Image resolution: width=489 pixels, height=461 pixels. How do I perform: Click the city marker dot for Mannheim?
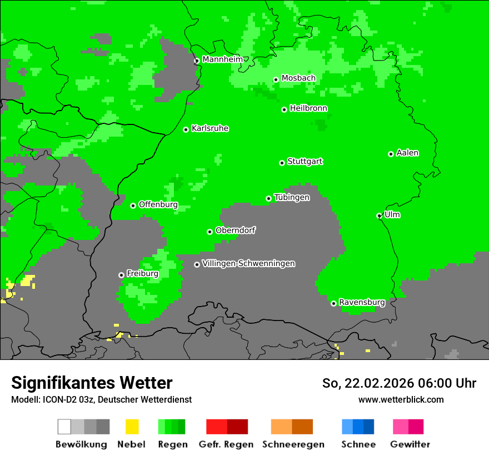(196, 61)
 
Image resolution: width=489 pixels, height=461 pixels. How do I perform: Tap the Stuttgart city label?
(305, 162)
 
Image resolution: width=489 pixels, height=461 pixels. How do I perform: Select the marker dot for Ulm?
(380, 216)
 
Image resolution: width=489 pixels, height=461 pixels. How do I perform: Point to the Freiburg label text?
(142, 274)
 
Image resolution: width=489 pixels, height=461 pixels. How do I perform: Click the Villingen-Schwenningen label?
(248, 264)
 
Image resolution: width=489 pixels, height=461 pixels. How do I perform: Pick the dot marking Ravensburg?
(333, 303)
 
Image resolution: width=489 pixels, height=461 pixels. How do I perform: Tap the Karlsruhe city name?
(209, 129)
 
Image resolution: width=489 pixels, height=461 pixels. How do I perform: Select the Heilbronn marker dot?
(284, 109)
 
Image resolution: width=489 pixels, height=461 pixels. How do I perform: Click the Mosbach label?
(298, 78)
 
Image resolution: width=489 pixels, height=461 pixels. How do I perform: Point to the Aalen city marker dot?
(391, 154)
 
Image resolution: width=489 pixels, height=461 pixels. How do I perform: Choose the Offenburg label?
(158, 205)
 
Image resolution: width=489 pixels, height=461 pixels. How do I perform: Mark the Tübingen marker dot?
(269, 198)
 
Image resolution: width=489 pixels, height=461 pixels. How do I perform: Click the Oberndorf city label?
(235, 231)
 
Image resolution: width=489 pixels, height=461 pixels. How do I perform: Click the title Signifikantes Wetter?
(92, 383)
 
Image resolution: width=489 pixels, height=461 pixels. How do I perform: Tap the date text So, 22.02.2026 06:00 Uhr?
(399, 383)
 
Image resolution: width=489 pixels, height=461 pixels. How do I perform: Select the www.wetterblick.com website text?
(401, 399)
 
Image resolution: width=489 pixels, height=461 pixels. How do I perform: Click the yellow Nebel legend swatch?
(132, 427)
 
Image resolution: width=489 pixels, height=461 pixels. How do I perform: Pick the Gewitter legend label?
(410, 444)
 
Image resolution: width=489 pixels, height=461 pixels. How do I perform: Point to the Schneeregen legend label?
(293, 444)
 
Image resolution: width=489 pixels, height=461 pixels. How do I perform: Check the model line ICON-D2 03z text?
(101, 399)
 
